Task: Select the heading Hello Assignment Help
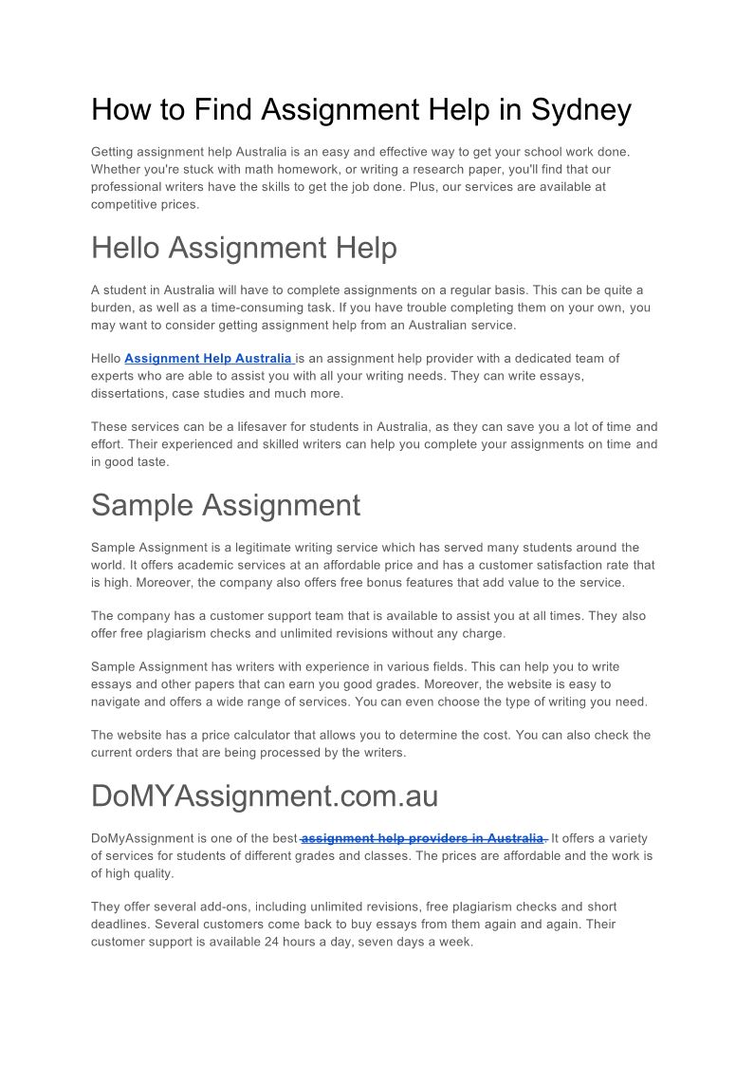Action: [244, 249]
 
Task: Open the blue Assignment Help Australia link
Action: [209, 359]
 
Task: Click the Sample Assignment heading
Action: [226, 506]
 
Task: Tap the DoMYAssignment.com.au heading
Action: [265, 796]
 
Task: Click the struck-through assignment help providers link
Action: [423, 839]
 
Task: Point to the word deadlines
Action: [120, 925]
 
